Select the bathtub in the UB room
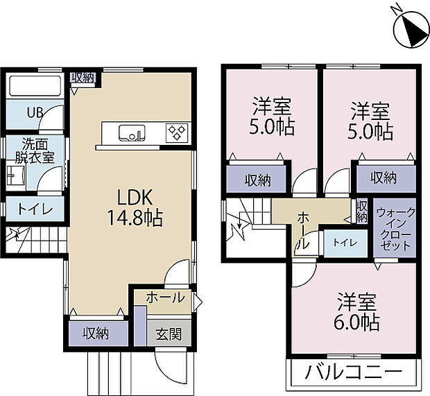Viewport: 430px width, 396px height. [x=37, y=87]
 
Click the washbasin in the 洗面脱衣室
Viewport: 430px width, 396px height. [x=16, y=176]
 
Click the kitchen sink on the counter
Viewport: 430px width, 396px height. [x=132, y=132]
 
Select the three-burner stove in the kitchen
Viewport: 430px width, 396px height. [x=176, y=132]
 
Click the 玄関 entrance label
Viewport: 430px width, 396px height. [x=169, y=334]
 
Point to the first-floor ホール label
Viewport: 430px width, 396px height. [x=166, y=298]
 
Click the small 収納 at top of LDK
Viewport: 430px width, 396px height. [x=82, y=77]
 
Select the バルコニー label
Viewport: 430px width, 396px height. [x=353, y=372]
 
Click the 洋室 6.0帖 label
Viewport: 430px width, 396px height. [x=358, y=313]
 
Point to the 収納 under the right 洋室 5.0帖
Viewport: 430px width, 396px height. [x=383, y=178]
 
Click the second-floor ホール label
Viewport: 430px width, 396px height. [x=303, y=231]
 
